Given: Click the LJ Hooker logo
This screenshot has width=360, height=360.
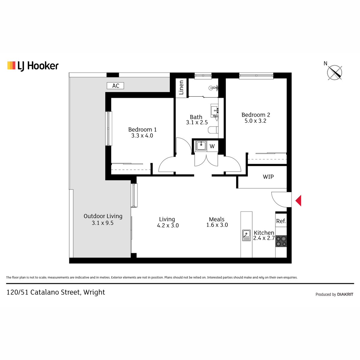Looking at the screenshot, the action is tap(33, 66).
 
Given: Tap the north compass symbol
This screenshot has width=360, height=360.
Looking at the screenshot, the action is tap(334, 72).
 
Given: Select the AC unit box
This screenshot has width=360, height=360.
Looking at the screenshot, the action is tap(115, 86).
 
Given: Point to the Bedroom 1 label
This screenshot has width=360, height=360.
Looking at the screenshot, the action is tap(142, 130).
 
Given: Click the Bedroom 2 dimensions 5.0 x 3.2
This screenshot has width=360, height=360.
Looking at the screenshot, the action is tap(255, 121).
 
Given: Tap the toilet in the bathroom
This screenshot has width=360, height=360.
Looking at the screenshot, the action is tap(213, 130).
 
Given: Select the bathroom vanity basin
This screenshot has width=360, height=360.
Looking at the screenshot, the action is tap(214, 111).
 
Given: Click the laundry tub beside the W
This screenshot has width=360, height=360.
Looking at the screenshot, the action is tap(201, 146).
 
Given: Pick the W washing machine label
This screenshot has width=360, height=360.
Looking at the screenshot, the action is tap(212, 146).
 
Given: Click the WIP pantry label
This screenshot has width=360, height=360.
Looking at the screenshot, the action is tap(268, 177).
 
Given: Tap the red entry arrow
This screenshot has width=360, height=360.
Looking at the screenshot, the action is tap(298, 201).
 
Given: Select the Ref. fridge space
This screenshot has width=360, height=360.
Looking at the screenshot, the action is tap(281, 221).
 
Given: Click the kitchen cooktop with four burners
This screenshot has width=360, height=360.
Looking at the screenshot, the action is tap(281, 241).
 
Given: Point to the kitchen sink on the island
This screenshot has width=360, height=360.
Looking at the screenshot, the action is tap(246, 235).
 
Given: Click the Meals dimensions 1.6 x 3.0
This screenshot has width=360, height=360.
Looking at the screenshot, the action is tap(217, 225).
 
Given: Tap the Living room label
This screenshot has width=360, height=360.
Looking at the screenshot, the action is tap(167, 219).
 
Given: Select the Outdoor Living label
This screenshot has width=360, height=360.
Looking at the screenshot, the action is tap(103, 216).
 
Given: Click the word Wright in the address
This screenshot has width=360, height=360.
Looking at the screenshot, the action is tap(94, 292).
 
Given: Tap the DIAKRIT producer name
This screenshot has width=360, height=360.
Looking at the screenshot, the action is tap(345, 294).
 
